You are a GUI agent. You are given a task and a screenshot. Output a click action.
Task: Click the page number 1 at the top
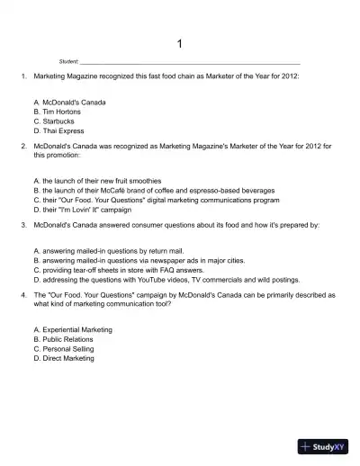coord(180,44)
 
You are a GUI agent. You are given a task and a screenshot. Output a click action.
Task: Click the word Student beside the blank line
coord(68,62)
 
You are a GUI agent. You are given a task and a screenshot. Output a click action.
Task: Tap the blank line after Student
coord(189,63)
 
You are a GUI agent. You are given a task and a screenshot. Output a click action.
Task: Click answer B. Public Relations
coord(63,338)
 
